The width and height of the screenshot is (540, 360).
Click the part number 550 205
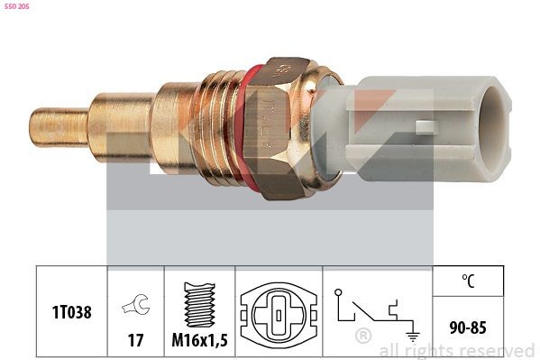[x=16, y=6]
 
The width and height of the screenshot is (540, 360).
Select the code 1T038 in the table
[x=72, y=311]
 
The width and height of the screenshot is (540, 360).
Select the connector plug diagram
[x=279, y=312]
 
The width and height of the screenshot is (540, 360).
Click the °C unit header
[x=469, y=281]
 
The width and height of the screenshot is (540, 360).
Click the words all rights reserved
[x=456, y=350]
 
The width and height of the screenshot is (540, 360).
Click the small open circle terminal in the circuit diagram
[x=337, y=293]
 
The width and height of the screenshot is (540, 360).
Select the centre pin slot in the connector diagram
[x=279, y=314]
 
